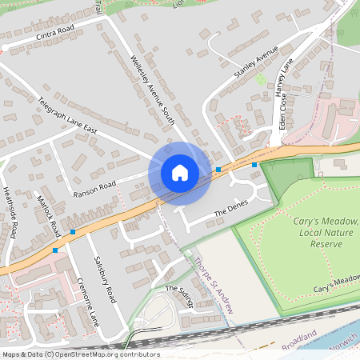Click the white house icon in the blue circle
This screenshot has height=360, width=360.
(179, 173)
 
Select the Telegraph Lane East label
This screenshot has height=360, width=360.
(67, 117)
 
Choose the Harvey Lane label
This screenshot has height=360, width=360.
(284, 78)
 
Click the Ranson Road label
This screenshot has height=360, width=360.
(94, 190)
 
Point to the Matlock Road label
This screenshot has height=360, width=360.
(50, 216)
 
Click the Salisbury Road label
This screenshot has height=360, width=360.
(105, 278)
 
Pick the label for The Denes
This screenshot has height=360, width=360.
(232, 210)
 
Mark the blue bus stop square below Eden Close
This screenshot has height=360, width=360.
(254, 165)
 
